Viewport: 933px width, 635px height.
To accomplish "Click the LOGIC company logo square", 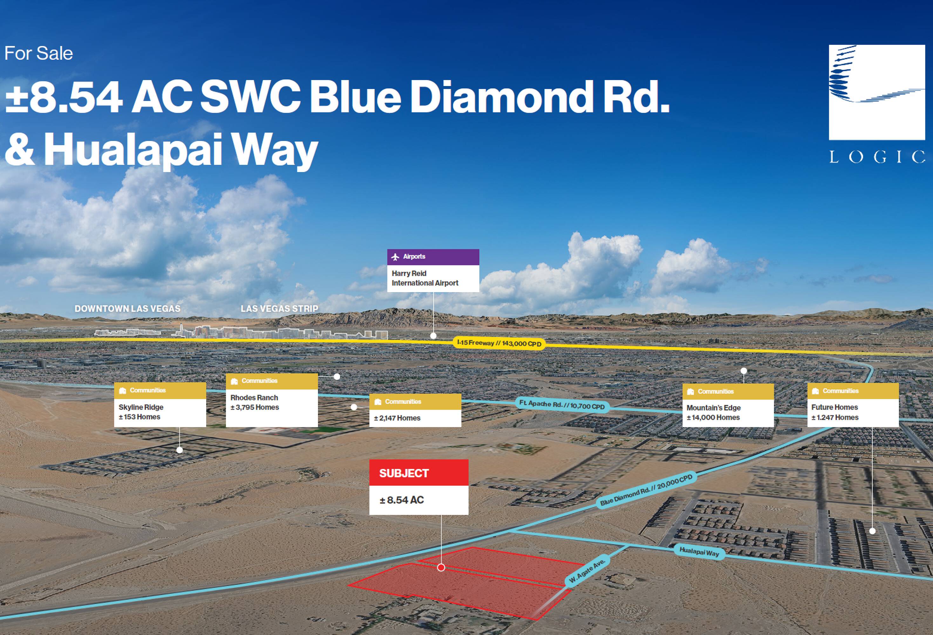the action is coord(877,92).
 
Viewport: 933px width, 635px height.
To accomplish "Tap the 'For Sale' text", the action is coord(38,53).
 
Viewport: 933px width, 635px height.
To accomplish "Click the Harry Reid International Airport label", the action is coord(425,278).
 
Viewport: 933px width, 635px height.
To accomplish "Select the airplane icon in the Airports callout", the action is coord(395,257).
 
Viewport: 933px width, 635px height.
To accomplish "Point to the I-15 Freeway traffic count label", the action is coord(499,343).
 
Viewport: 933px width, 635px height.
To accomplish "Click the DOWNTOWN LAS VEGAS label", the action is coord(127,309).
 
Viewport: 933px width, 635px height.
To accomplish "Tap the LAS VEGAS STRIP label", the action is coord(280,309).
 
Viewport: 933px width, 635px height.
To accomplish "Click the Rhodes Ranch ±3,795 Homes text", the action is coord(254,402).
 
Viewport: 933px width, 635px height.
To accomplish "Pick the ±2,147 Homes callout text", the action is coord(397,418).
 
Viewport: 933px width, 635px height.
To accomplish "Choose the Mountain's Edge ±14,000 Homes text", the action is coord(713,412).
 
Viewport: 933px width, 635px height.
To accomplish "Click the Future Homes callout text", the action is coord(835,412).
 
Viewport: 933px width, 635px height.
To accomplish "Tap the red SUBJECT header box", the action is coord(419,472).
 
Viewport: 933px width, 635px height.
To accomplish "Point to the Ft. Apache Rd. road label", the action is coord(562,404).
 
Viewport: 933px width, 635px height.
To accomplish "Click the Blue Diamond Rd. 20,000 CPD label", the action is coord(646,490).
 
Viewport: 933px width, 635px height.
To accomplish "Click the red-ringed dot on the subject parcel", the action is coord(441,568).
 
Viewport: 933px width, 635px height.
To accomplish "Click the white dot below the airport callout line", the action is coord(433,336).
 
